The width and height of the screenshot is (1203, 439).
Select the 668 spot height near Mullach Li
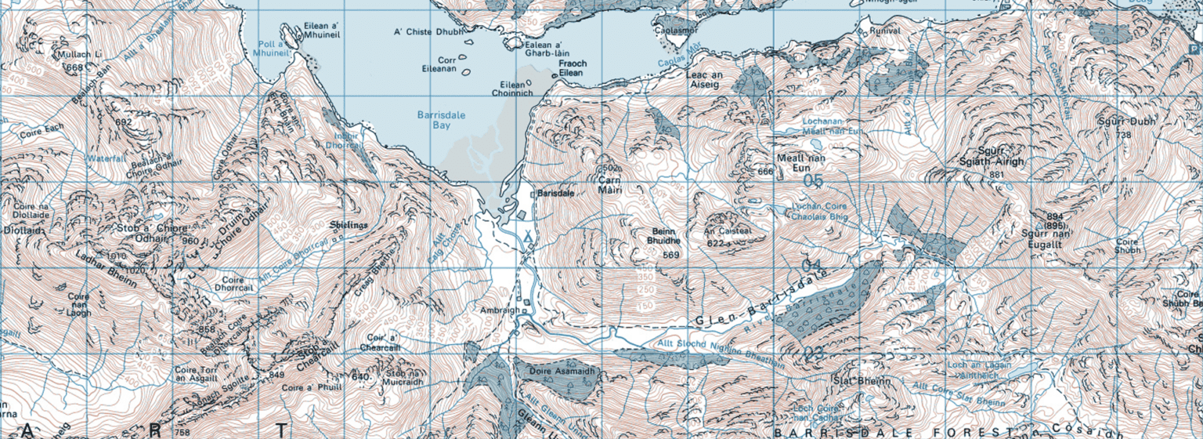[x=75, y=68]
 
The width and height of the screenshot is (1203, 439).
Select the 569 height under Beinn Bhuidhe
[x=670, y=255]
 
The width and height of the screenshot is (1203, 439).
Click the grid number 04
[x=812, y=266]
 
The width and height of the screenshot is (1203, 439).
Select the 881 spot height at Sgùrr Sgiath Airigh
[x=996, y=174]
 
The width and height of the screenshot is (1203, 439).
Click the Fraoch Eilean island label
[x=572, y=67]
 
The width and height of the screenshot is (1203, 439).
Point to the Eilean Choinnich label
[x=515, y=88]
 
